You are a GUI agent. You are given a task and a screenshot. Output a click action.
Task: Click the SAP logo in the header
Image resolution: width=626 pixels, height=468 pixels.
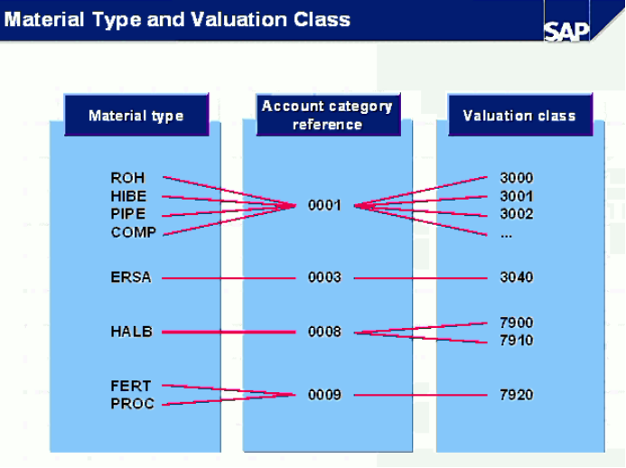point(566,31)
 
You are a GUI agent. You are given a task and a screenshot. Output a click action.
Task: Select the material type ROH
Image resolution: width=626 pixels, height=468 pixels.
point(127,178)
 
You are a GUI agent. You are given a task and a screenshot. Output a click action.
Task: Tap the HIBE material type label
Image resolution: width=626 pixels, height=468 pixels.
point(128,196)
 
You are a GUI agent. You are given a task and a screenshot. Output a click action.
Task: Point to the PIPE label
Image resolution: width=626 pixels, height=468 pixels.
point(127,213)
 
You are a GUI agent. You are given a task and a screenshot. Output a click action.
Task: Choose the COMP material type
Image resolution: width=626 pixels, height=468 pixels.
point(134,232)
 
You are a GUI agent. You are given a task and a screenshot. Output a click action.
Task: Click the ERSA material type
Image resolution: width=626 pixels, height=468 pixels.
point(131,277)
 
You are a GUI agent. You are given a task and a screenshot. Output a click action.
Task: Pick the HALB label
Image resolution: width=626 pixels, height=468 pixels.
point(131,332)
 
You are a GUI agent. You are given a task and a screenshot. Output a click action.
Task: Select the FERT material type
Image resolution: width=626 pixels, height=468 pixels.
point(131,386)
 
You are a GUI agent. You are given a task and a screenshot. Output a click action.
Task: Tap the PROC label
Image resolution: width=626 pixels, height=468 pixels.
point(132,404)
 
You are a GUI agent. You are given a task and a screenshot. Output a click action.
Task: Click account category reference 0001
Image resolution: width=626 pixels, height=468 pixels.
point(324,205)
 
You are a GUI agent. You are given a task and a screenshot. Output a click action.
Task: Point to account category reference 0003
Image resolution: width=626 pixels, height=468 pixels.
point(324,277)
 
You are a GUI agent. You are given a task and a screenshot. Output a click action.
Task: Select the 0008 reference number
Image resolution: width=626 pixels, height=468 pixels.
point(324,332)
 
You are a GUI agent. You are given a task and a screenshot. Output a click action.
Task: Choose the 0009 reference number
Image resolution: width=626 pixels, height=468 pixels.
point(324,395)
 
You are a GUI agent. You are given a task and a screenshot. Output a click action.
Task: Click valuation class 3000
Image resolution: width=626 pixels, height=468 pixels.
point(516,178)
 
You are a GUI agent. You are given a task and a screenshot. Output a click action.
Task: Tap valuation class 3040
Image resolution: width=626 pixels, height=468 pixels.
point(516,277)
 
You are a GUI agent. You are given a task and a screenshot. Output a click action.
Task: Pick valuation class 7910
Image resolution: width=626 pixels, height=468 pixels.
point(516,341)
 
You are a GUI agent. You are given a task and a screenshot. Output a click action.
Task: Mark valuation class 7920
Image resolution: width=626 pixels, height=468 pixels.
point(516,395)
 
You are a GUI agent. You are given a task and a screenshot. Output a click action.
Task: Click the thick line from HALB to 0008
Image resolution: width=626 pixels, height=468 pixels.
point(229,332)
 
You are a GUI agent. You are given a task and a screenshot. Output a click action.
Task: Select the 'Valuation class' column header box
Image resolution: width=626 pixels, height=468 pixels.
point(519,115)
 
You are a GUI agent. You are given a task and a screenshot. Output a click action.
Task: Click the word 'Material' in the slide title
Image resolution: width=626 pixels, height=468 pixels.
point(44,20)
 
